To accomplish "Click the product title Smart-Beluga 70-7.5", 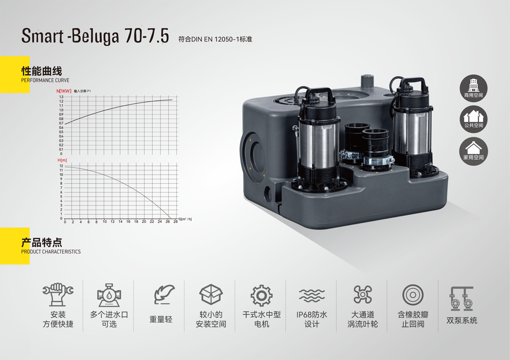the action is (x=95, y=36).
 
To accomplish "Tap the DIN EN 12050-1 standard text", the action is (x=215, y=39).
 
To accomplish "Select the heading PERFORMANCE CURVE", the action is (x=45, y=80).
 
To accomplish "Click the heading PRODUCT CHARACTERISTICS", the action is (x=51, y=251).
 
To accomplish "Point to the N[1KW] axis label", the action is (x=64, y=91).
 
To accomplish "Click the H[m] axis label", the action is (x=62, y=160).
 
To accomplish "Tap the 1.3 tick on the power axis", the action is (x=61, y=97).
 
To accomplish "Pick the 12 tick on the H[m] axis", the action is (x=61, y=166).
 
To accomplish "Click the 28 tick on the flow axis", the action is (x=175, y=222).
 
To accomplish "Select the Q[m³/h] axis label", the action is (x=185, y=219).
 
